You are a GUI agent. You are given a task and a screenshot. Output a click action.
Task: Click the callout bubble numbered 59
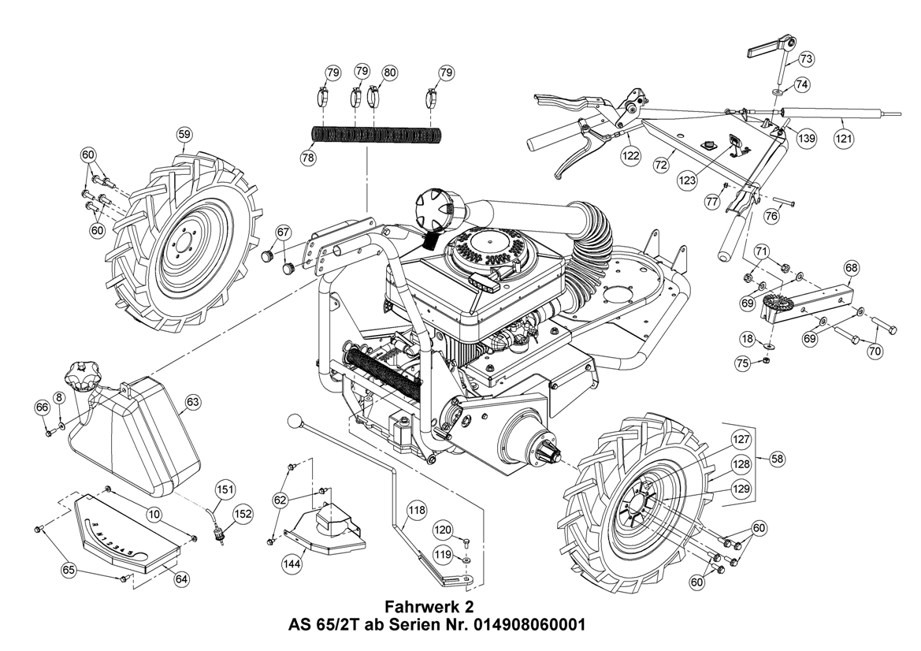click(x=184, y=135)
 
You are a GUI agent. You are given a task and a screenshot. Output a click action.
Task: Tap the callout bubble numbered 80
click(x=389, y=72)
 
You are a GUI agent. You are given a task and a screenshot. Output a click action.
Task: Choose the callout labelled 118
click(x=416, y=511)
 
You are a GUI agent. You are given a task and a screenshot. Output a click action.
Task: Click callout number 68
click(x=852, y=268)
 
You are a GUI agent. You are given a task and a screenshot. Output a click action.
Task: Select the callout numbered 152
click(x=243, y=514)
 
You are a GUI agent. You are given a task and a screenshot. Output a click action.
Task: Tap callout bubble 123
click(x=687, y=180)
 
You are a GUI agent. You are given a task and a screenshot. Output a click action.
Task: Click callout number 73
click(x=806, y=58)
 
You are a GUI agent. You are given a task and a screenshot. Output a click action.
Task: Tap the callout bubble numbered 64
click(x=182, y=578)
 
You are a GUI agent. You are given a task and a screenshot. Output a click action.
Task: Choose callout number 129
click(x=741, y=489)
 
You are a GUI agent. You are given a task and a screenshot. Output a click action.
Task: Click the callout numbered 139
click(x=806, y=138)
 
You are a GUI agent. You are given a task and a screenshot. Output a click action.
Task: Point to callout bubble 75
click(x=742, y=363)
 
